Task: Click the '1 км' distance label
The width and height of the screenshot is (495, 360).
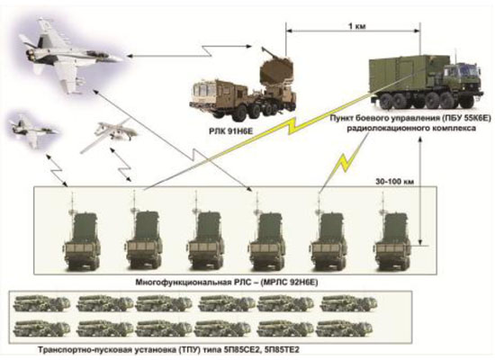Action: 357,26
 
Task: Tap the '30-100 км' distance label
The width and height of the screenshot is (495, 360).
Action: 394,182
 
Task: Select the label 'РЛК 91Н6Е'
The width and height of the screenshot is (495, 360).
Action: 231,131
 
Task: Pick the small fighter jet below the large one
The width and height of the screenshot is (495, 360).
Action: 32,130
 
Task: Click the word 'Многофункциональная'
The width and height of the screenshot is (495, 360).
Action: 184,282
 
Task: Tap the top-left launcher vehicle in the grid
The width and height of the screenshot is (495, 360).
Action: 41,304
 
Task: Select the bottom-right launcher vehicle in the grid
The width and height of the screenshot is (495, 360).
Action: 344,328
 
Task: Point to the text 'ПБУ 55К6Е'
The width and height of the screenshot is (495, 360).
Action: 466,118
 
